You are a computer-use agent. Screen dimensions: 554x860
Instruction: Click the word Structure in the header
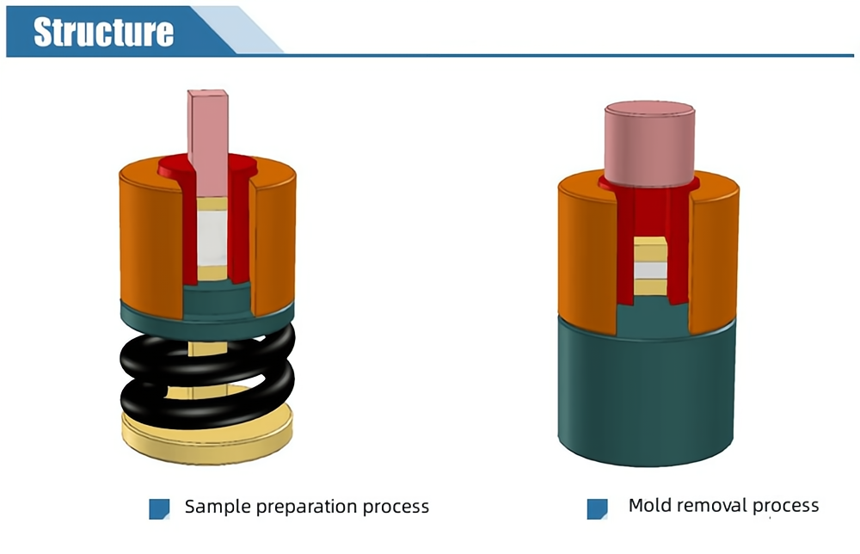103,32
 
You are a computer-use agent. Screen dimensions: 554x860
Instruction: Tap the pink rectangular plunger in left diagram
208,129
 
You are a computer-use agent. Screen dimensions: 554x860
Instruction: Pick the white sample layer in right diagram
651,270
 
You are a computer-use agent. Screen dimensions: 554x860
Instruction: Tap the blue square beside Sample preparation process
159,508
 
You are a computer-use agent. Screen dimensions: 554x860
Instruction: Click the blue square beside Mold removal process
597,508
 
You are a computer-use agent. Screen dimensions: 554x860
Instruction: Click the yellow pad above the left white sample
212,205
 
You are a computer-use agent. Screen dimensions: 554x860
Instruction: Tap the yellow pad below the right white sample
651,287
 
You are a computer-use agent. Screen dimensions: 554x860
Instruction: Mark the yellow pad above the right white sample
651,250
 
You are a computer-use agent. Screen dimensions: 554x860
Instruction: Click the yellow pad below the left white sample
212,274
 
